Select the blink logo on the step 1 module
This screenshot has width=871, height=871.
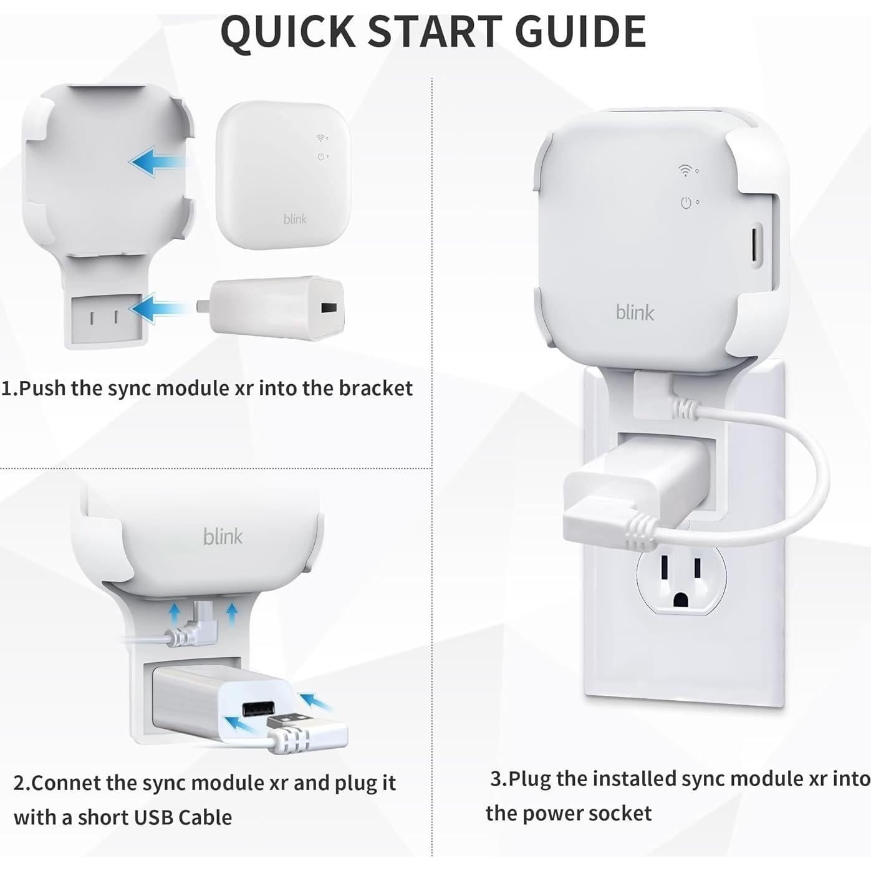(x=295, y=219)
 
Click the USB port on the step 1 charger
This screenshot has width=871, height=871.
(x=325, y=308)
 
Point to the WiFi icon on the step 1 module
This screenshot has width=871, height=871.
(x=320, y=138)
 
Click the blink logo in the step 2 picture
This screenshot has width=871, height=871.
(x=223, y=536)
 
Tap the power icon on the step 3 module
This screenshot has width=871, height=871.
(x=686, y=203)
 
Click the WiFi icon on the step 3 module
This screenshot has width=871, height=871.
(x=685, y=170)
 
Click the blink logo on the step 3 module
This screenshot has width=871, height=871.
(x=635, y=312)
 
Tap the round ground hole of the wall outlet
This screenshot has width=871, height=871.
(x=681, y=600)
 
